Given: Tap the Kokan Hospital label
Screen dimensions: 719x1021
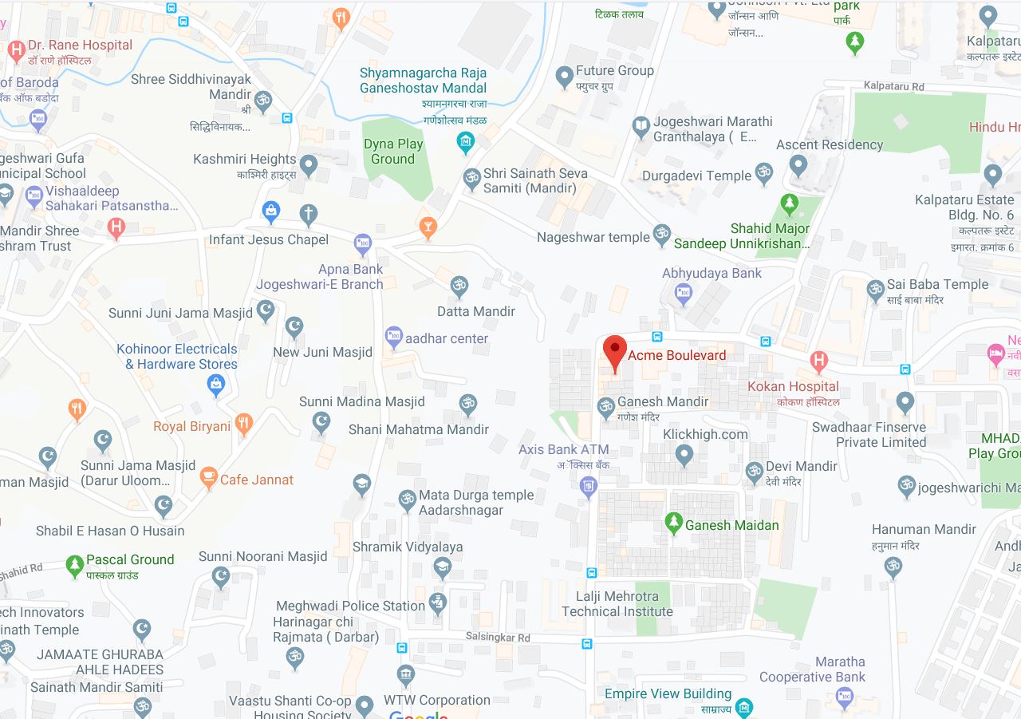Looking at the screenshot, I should [x=793, y=386].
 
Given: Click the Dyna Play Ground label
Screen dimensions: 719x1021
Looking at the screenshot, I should [x=393, y=152].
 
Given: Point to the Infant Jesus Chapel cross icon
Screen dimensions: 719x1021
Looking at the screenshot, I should [x=309, y=214].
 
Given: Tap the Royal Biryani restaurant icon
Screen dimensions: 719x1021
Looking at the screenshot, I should [x=244, y=424].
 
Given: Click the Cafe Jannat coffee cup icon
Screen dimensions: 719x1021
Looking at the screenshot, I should [x=208, y=478].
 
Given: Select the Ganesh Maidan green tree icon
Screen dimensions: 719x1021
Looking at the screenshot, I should [x=674, y=523].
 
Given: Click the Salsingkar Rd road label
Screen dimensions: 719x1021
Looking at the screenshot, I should [x=499, y=638].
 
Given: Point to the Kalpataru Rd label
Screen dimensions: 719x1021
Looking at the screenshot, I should [x=893, y=86].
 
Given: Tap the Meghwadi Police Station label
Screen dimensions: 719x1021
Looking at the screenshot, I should [x=350, y=606].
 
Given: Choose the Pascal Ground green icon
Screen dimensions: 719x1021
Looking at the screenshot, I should [x=75, y=566].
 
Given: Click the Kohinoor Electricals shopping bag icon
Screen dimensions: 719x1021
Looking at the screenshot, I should [x=215, y=385].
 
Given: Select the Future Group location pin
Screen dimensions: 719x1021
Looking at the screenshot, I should [x=565, y=77].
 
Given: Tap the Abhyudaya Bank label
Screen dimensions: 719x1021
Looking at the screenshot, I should [x=712, y=273].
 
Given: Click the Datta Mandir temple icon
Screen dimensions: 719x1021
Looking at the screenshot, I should [x=459, y=286].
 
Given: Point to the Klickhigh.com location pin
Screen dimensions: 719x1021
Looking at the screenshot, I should [x=684, y=455].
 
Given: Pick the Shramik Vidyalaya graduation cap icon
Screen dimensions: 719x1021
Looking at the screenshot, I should [x=442, y=567].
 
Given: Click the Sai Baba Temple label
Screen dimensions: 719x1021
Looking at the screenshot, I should [x=937, y=284].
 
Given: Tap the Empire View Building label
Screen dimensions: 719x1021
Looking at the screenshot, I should [x=668, y=693].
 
